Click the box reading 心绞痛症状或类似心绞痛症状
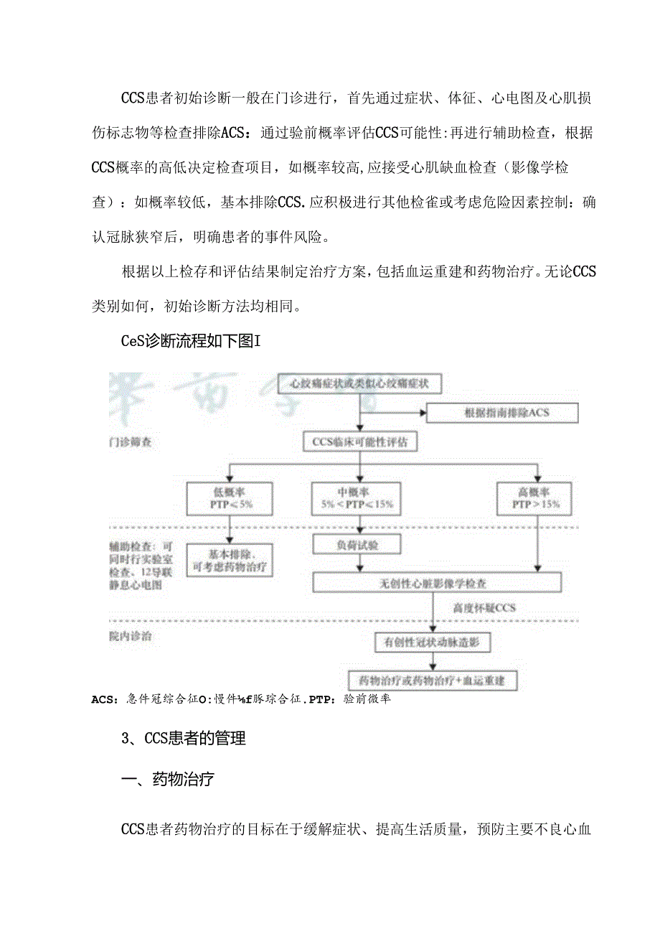359,383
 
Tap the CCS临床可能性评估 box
359,442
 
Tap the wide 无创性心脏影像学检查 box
436,582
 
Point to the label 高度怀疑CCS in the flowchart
484,608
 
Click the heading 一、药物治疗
167,780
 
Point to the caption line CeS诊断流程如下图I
190,341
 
